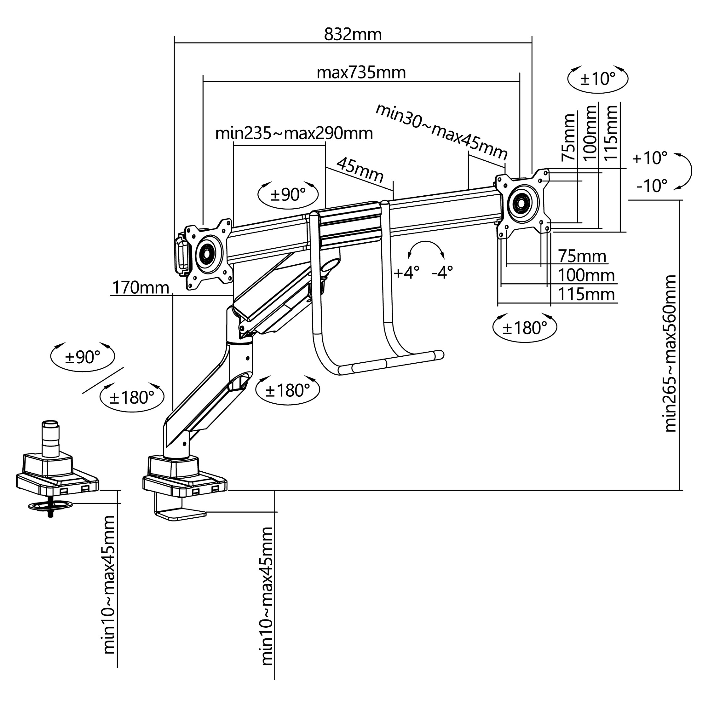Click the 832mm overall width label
point(353,35)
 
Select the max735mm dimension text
point(361,72)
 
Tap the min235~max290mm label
point(294,133)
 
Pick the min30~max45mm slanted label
point(441,132)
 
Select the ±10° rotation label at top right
point(598,79)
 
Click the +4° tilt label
point(406,273)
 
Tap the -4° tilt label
point(442,273)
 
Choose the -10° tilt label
point(652,186)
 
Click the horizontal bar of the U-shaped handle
point(391,363)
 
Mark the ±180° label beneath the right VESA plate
point(525,328)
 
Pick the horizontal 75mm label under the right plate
point(582,256)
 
